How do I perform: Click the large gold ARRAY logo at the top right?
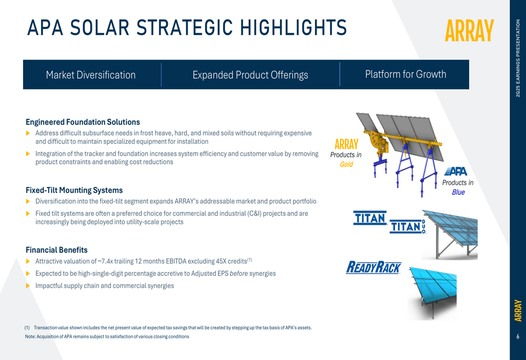(469, 30)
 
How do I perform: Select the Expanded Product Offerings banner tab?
(250, 75)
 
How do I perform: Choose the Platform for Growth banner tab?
(406, 74)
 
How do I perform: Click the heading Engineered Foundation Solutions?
(83, 122)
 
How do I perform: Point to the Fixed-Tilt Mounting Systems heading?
(74, 190)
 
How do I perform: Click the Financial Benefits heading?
(56, 250)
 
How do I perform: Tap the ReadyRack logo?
(373, 268)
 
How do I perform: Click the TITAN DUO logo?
(408, 227)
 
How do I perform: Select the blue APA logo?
(456, 171)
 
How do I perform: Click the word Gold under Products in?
(346, 164)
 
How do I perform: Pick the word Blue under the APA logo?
(458, 192)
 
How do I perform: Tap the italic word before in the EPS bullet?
(239, 273)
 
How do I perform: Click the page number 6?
(518, 336)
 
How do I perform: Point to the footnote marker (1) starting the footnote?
(27, 327)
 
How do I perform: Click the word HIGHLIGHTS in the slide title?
(294, 27)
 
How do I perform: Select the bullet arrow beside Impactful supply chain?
(28, 286)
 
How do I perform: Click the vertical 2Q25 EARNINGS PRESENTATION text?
(518, 58)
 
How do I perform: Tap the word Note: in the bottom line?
(30, 336)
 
